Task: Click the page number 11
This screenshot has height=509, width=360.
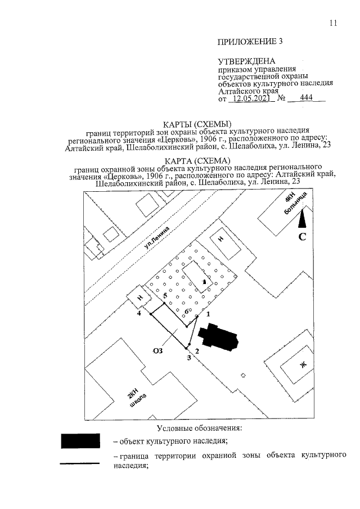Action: click(x=333, y=23)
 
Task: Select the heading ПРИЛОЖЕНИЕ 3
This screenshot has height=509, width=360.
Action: click(x=250, y=42)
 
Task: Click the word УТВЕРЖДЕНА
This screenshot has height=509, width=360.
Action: click(x=246, y=61)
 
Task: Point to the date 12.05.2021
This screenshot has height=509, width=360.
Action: click(x=251, y=98)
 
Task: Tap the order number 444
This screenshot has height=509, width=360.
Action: click(x=306, y=98)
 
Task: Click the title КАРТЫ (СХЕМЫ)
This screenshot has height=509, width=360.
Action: click(x=197, y=124)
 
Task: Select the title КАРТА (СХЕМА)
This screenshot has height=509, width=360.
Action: click(x=197, y=161)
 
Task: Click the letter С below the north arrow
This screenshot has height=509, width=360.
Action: click(x=302, y=237)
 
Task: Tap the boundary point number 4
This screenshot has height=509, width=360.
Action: click(x=139, y=314)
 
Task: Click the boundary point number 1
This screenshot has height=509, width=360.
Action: click(x=208, y=314)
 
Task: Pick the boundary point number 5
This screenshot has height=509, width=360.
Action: click(x=165, y=296)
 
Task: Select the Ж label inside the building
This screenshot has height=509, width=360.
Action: click(x=303, y=365)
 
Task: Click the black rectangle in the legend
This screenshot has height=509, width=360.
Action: click(x=80, y=441)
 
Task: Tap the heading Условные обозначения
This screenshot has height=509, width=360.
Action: click(x=199, y=428)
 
